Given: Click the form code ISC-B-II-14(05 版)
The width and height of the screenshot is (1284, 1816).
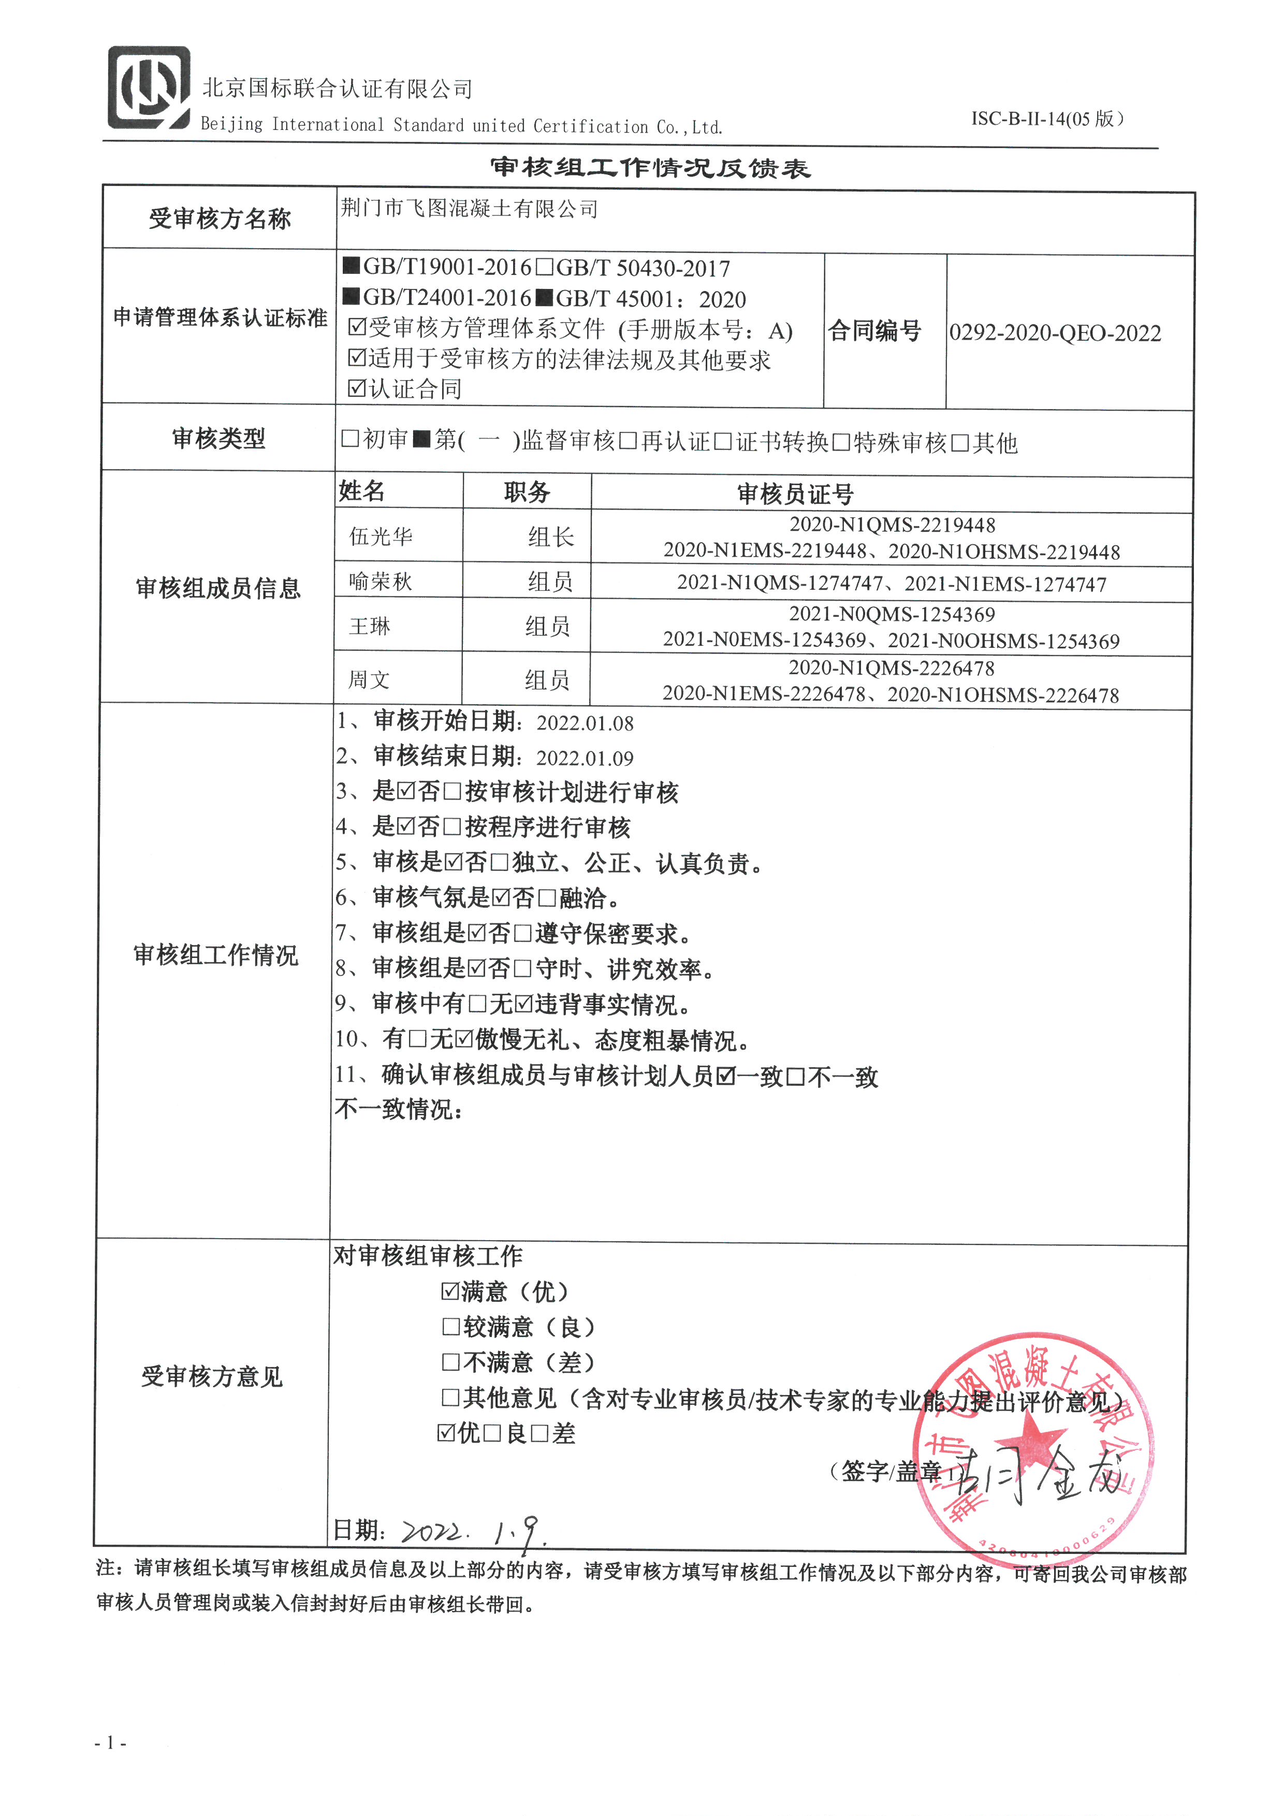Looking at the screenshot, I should click(1047, 119).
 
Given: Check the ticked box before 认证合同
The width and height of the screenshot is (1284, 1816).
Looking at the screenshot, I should click(357, 387).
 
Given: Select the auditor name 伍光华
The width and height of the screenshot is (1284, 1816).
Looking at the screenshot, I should click(381, 537).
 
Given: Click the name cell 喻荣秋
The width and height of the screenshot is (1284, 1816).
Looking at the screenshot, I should click(381, 582).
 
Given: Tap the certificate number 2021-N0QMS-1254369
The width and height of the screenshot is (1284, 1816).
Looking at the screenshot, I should click(892, 615).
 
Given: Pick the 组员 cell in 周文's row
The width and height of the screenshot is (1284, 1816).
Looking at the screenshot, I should click(547, 679).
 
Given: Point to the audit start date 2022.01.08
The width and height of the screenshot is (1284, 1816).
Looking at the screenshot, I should click(585, 723).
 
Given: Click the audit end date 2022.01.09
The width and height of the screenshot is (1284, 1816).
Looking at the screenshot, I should click(585, 759).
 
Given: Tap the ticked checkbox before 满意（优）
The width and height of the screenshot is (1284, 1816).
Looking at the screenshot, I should click(450, 1291).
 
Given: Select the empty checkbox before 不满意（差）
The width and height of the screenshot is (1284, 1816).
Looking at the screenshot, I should click(450, 1362).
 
